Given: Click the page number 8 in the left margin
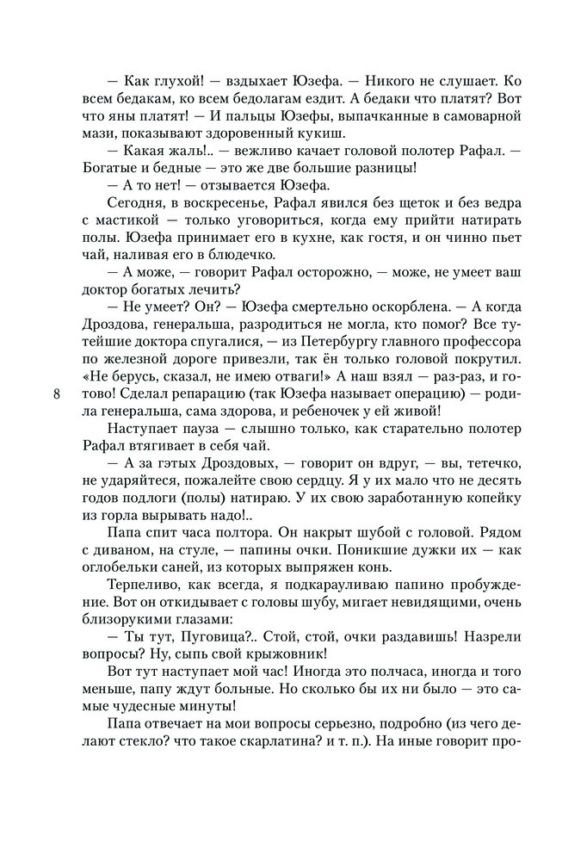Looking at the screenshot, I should (57, 394).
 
